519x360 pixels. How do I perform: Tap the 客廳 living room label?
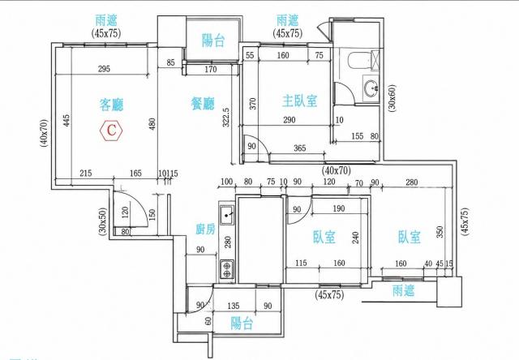coord(111,105)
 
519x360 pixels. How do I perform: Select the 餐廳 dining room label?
coord(203,104)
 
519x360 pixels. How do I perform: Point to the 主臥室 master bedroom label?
coord(299,101)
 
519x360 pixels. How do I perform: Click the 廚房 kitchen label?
coord(205,229)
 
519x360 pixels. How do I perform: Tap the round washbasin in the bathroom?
coord(372,88)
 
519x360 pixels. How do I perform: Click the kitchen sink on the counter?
coord(227,216)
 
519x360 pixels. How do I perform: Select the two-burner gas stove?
coord(227,269)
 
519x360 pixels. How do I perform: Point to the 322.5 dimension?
coord(225,117)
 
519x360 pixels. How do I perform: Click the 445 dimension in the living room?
coord(66,121)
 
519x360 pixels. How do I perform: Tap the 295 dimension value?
coord(104,69)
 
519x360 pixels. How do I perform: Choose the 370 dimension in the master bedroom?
coord(252,104)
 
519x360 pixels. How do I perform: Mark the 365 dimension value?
coord(300,148)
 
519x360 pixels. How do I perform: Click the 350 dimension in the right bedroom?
coord(440,232)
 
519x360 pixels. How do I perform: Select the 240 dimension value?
coord(355,238)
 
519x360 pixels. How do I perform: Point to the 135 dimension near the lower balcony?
coord(233,306)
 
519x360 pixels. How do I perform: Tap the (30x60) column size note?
coord(392,99)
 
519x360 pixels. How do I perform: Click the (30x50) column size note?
coord(103,221)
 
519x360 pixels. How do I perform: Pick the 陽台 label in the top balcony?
coord(213,41)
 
